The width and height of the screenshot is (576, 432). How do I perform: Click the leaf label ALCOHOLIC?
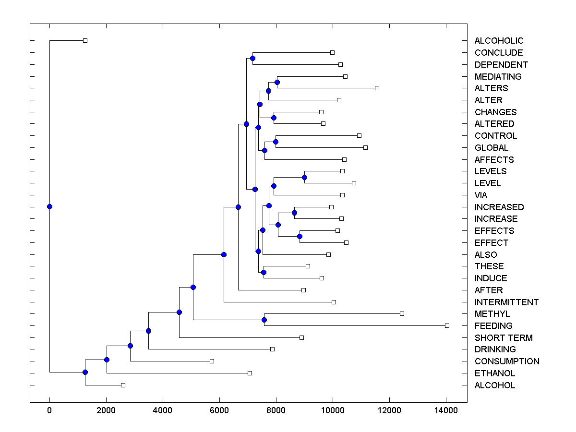click(499, 41)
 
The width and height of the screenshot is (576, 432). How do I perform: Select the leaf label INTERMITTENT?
click(506, 302)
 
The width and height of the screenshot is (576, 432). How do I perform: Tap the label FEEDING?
click(493, 326)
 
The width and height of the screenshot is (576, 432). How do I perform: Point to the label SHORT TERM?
click(504, 338)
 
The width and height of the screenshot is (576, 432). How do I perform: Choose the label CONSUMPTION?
click(507, 361)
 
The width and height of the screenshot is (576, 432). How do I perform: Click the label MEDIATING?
click(498, 77)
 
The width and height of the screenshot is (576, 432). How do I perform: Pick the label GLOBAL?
click(491, 148)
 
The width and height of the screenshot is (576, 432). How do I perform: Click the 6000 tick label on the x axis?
click(219, 410)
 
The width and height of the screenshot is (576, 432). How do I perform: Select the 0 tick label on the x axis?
click(49, 410)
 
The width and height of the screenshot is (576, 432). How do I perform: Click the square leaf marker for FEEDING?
click(447, 325)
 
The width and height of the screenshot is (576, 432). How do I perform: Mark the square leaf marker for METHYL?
click(402, 313)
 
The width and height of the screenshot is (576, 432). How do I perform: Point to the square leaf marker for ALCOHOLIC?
click(85, 40)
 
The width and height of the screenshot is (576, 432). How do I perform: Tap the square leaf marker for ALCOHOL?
click(123, 385)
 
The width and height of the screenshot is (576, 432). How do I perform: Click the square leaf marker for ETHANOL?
click(250, 373)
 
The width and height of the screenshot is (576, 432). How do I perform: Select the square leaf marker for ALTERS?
click(377, 88)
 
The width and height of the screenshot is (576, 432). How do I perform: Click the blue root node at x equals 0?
click(49, 206)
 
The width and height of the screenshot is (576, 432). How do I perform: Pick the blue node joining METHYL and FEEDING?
click(264, 320)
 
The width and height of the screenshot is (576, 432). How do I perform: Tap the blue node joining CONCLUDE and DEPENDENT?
click(252, 58)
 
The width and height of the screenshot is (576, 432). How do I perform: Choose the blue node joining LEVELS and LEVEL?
click(304, 177)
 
